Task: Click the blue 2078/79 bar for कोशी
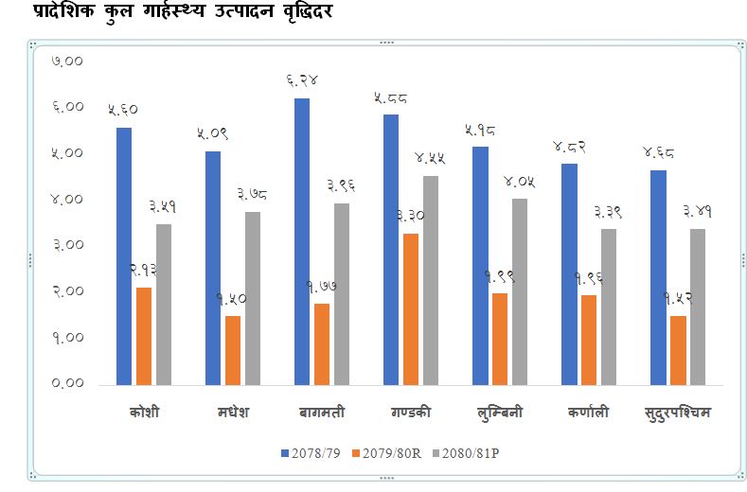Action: point(124,256)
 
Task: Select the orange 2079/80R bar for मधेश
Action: point(233,350)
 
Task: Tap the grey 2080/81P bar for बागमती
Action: point(342,294)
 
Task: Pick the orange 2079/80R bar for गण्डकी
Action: point(411,309)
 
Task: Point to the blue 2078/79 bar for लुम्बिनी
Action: point(480,266)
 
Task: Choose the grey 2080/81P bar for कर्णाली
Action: point(609,307)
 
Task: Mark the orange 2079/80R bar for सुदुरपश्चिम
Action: point(678,350)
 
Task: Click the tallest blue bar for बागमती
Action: point(302,241)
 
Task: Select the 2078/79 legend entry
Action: point(311,454)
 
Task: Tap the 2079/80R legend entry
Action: point(392,454)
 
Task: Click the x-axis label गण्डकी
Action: point(411,413)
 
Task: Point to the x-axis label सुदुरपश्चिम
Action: point(677,413)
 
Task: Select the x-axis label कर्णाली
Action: point(589,413)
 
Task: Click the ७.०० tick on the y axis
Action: point(69,61)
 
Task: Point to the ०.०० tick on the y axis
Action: point(69,383)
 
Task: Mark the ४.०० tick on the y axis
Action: point(69,199)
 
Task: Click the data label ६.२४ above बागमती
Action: point(302,80)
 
